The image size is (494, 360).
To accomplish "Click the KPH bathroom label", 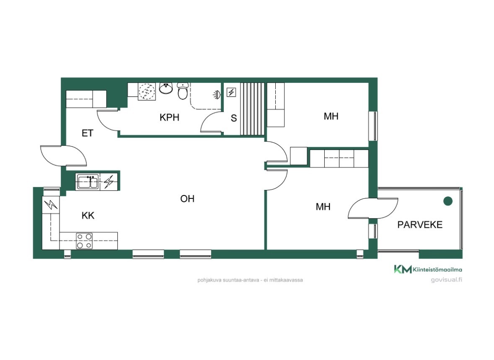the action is pos(170,117).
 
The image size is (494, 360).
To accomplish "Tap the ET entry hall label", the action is pos(88,133).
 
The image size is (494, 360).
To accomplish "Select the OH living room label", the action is pos(187,198).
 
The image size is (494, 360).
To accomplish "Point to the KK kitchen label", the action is pos(88,216).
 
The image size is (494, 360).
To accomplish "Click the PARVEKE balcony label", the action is pos(420,225).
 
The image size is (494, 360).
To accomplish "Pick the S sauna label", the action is pos(234,118).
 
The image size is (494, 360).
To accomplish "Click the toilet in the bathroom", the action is pos(183,91).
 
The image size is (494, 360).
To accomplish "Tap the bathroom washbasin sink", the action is pos(166,88).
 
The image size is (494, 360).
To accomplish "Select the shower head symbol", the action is pos(217,95).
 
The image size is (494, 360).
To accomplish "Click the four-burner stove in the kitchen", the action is pos(85,241).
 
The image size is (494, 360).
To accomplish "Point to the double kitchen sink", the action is pos(88,182).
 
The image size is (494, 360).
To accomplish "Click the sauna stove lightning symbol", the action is pos(232,93).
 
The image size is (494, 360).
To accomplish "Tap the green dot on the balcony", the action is pos(447,201).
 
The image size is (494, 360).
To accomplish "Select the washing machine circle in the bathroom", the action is pos(147,92).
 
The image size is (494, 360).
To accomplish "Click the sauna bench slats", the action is pos(252,109).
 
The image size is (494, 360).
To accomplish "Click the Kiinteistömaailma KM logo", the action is pos(403,269).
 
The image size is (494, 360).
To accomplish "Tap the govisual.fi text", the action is pos(446,280).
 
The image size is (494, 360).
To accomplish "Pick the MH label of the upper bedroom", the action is pos(331,116).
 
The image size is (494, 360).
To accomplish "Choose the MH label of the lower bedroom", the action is pos(323,207).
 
